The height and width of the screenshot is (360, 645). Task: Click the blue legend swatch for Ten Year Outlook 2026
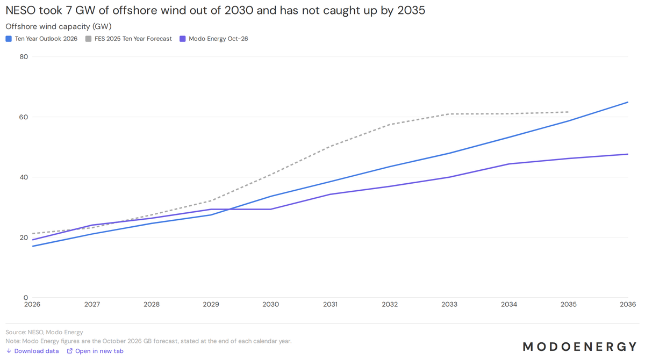click(x=9, y=39)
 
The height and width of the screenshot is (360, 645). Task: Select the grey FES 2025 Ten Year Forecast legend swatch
click(x=88, y=39)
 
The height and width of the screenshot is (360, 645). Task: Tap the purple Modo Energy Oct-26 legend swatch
click(x=183, y=39)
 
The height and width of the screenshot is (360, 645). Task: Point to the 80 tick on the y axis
click(x=24, y=57)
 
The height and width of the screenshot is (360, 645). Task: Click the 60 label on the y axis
click(x=24, y=117)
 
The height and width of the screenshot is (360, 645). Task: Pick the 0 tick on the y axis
click(x=26, y=298)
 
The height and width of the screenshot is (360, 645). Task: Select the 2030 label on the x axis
click(x=271, y=305)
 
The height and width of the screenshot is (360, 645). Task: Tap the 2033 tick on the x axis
click(x=449, y=305)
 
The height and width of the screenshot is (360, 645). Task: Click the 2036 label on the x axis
click(x=628, y=305)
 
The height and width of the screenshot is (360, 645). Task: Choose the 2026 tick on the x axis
click(x=32, y=305)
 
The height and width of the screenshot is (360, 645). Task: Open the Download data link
click(x=33, y=351)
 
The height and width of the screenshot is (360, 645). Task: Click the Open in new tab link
click(x=95, y=351)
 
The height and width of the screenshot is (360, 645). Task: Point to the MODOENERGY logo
click(x=579, y=347)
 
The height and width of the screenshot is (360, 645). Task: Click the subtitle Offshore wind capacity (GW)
click(x=59, y=26)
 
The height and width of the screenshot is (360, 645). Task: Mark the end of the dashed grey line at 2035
click(x=569, y=112)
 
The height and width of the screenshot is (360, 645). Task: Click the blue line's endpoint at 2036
click(x=628, y=102)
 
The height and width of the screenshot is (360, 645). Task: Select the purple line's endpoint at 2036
click(x=628, y=154)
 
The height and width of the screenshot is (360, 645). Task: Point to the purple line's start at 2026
click(x=33, y=240)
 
